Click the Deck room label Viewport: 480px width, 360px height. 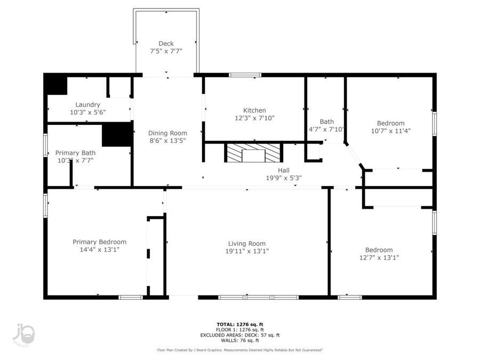[x=166, y=44]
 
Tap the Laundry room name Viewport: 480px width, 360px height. [x=87, y=105]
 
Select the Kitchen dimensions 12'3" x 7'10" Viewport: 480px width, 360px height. [x=254, y=118]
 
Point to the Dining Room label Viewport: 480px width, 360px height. [x=167, y=133]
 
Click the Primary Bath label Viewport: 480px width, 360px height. [x=75, y=153]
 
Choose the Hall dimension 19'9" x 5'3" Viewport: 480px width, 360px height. [x=284, y=178]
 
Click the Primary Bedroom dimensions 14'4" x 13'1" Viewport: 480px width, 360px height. [x=99, y=250]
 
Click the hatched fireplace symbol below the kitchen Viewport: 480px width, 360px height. [x=253, y=153]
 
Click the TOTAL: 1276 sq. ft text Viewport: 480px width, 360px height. [x=239, y=324]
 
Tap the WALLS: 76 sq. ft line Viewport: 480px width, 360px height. [x=239, y=340]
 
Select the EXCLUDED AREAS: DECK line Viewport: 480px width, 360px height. [x=239, y=335]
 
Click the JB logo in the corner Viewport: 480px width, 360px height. [x=24, y=334]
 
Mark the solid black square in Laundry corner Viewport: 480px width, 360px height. [x=55, y=85]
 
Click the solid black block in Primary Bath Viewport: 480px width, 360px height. [x=116, y=134]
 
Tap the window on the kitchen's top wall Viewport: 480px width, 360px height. [x=245, y=75]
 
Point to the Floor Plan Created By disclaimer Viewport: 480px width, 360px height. [x=239, y=350]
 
